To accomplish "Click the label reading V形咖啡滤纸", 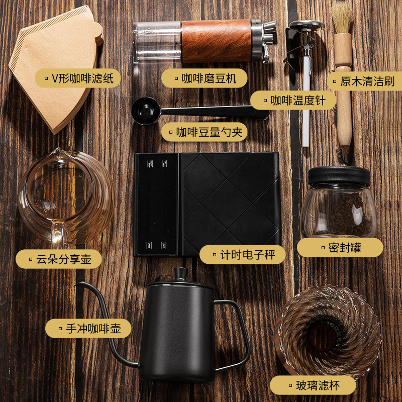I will coord(77,78).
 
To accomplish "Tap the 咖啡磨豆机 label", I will coord(206,78).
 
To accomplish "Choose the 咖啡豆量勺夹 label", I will coord(205,132).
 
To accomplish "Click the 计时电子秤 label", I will coord(243,254).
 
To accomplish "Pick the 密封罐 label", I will coord(340,247).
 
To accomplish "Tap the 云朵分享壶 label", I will coord(58,259).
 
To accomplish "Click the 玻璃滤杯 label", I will coord(313,385).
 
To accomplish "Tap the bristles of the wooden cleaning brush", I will coord(342,18).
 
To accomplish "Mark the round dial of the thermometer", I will coord(306,25).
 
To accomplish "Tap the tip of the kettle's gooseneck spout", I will coord(78,285).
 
